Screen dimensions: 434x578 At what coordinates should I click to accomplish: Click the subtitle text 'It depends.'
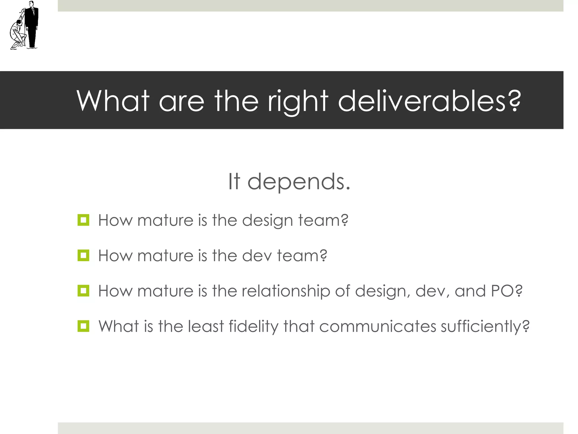click(x=289, y=181)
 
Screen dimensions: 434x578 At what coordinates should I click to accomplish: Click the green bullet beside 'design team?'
click(x=83, y=220)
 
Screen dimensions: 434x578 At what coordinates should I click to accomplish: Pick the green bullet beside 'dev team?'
click(x=83, y=255)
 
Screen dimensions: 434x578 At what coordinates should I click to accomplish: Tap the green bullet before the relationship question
click(x=83, y=291)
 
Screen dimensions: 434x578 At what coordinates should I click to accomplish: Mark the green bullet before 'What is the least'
click(x=83, y=326)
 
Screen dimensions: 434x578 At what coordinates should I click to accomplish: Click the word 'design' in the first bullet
click(x=267, y=221)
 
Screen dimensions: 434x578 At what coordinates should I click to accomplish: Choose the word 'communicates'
click(x=378, y=326)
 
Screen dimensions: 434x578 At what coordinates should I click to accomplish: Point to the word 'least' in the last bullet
click(x=206, y=326)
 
